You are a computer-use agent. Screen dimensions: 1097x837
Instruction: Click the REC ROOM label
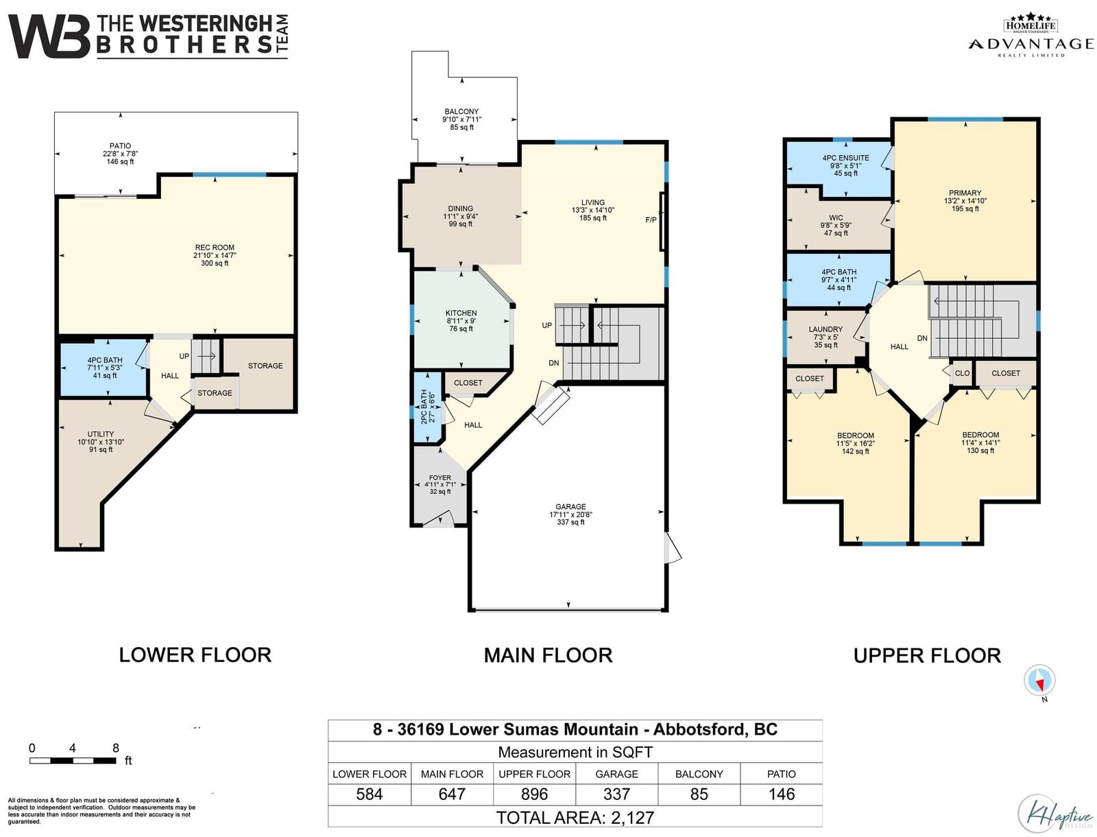[215, 248]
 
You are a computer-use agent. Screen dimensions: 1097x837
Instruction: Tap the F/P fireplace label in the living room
[651, 220]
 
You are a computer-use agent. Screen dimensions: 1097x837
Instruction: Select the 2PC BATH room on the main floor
[427, 408]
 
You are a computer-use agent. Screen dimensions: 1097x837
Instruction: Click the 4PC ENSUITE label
[845, 158]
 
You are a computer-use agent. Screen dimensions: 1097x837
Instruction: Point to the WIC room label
[836, 218]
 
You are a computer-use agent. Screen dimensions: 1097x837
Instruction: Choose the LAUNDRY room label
[825, 329]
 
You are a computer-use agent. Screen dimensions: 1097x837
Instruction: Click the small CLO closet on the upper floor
[962, 373]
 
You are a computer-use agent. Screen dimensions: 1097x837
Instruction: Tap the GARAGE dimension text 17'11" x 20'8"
[570, 515]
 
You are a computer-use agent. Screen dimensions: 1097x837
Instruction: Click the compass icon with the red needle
[1039, 680]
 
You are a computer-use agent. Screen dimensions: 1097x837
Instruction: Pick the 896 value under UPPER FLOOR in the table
[534, 794]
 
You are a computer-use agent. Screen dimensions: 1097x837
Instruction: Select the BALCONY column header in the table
[699, 774]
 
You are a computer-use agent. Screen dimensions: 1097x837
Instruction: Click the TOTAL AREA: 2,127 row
[575, 818]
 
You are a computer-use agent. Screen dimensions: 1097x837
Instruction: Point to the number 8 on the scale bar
[115, 748]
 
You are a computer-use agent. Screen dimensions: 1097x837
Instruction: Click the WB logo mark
[49, 36]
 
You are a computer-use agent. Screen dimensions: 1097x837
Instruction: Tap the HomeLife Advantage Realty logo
[1031, 35]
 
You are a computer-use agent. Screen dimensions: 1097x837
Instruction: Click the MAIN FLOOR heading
[548, 655]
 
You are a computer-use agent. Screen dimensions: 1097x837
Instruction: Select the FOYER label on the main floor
[439, 478]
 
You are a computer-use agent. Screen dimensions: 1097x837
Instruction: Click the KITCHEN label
[461, 313]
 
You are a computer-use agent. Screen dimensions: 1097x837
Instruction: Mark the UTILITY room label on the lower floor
[101, 434]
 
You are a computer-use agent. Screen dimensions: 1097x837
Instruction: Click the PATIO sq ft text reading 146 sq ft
[120, 161]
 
